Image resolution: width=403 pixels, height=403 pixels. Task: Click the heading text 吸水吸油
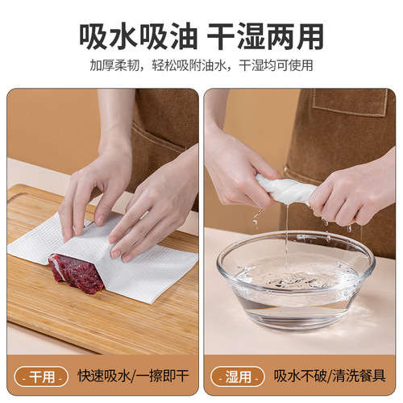point(135,35)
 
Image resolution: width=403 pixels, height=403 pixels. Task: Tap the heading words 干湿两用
point(265,35)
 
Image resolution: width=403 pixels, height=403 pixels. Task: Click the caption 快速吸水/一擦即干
point(134,376)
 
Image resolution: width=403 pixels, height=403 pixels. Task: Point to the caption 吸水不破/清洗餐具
point(329,376)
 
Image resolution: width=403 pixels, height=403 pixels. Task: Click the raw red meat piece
point(76,272)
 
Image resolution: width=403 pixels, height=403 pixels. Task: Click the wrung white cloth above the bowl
point(282,191)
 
